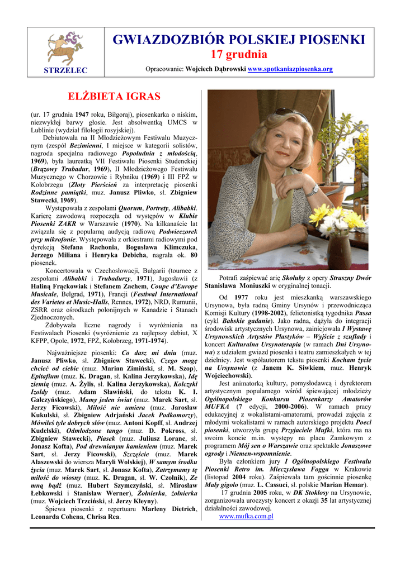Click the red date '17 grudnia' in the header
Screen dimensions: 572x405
(x=239, y=55)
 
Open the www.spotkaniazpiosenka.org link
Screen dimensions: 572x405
(x=290, y=69)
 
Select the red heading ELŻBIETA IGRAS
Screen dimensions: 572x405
(x=114, y=96)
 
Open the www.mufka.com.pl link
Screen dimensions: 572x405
(x=246, y=516)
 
